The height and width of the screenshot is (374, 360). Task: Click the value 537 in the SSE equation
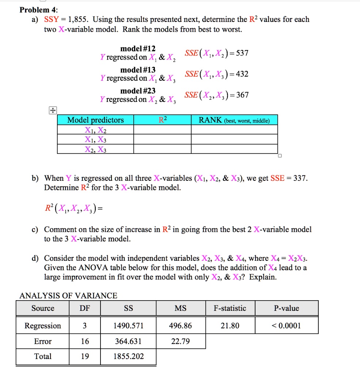tap(241, 53)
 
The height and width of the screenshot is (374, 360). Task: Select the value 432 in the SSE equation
tap(241, 74)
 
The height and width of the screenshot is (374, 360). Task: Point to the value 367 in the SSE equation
tap(241, 95)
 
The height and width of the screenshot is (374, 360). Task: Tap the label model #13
tap(138, 70)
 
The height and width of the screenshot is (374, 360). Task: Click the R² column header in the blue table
tap(163, 120)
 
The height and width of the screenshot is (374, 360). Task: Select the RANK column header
tap(234, 120)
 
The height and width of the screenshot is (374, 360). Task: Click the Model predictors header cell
tap(95, 120)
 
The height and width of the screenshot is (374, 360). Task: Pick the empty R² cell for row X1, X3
tap(163, 139)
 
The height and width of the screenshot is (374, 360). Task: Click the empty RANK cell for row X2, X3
tap(234, 149)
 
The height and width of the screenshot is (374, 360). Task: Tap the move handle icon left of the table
tap(53, 110)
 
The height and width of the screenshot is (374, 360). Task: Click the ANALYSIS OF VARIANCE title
tap(68, 295)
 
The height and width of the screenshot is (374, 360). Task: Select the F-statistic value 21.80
tap(230, 325)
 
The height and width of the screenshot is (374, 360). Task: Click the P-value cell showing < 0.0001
tap(287, 325)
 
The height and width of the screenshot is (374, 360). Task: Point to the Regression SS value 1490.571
tap(128, 325)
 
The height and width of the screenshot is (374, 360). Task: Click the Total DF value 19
tap(84, 356)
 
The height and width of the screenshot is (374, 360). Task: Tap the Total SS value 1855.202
tap(128, 356)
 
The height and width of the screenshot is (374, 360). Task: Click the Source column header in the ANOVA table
tap(43, 308)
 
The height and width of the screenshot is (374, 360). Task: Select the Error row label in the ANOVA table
tap(43, 341)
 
